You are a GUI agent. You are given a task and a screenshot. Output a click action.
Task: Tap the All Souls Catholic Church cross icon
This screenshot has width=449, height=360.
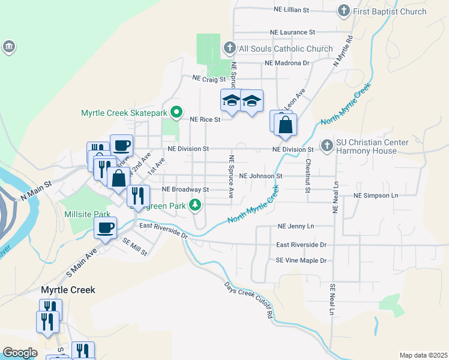pyautogui.click(x=229, y=48)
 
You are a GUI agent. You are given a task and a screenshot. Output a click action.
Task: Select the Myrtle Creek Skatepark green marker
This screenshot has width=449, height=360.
pyautogui.click(x=176, y=112)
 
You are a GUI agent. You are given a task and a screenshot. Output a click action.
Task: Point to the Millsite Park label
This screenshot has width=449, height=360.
pyautogui.click(x=87, y=214)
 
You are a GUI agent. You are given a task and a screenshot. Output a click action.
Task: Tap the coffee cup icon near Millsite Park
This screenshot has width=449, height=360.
pyautogui.click(x=106, y=229)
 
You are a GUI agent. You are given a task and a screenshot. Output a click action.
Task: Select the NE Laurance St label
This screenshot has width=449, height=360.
pyautogui.click(x=292, y=32)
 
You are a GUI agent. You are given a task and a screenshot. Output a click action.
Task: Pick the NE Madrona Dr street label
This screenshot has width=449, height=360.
pyautogui.click(x=286, y=63)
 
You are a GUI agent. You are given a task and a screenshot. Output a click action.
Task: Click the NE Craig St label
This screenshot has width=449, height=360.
pyautogui.click(x=208, y=79)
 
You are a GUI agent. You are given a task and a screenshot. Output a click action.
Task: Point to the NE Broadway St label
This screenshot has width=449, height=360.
pyautogui.click(x=185, y=189)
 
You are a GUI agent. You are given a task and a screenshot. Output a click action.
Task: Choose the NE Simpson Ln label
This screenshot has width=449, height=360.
pyautogui.click(x=376, y=196)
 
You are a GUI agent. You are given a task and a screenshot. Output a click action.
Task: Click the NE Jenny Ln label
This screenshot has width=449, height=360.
pyautogui.click(x=296, y=226)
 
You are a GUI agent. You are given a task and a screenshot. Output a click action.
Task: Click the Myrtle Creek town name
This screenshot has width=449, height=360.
pyautogui.click(x=68, y=290)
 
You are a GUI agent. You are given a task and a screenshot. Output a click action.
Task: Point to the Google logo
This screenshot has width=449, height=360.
pyautogui.click(x=20, y=353)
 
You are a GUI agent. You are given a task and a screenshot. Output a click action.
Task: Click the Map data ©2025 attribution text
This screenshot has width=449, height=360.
pyautogui.click(x=423, y=355)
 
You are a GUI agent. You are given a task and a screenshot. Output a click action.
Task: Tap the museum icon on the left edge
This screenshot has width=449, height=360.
pyautogui.click(x=8, y=47)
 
